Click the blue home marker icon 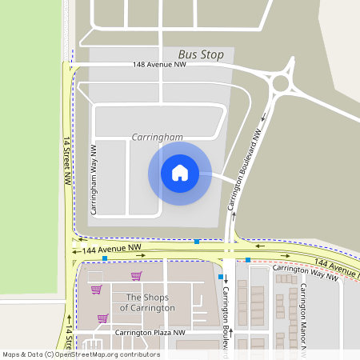180,173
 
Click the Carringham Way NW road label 94,181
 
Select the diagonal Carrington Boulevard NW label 246,170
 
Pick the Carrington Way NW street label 302,273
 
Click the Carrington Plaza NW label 150,332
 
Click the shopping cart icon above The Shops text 137,276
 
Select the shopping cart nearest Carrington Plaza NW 102,318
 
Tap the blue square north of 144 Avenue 197,242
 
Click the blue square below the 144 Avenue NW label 104,258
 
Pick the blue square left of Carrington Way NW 248,260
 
